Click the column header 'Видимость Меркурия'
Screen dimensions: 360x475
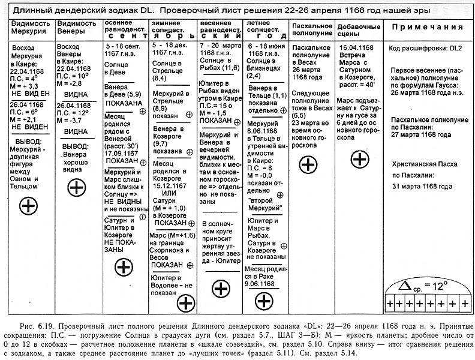click(x=28, y=27)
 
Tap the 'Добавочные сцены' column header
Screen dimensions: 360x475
click(x=359, y=27)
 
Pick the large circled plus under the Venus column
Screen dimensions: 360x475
click(x=76, y=188)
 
